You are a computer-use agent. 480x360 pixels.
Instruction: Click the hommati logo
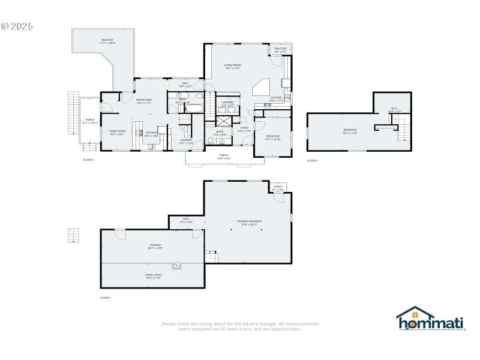point(431,319)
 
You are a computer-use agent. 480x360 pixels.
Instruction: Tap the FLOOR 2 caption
point(88,160)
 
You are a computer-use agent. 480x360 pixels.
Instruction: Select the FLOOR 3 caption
point(312,161)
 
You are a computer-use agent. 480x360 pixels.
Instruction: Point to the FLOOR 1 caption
point(106,298)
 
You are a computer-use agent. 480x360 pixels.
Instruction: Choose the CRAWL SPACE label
point(153,276)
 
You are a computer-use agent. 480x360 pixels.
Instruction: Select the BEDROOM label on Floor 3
point(350,131)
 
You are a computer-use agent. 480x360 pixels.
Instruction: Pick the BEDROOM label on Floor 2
point(273,137)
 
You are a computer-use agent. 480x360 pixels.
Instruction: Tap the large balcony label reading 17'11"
point(107,41)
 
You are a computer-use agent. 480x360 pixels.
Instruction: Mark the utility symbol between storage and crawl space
point(178,266)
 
